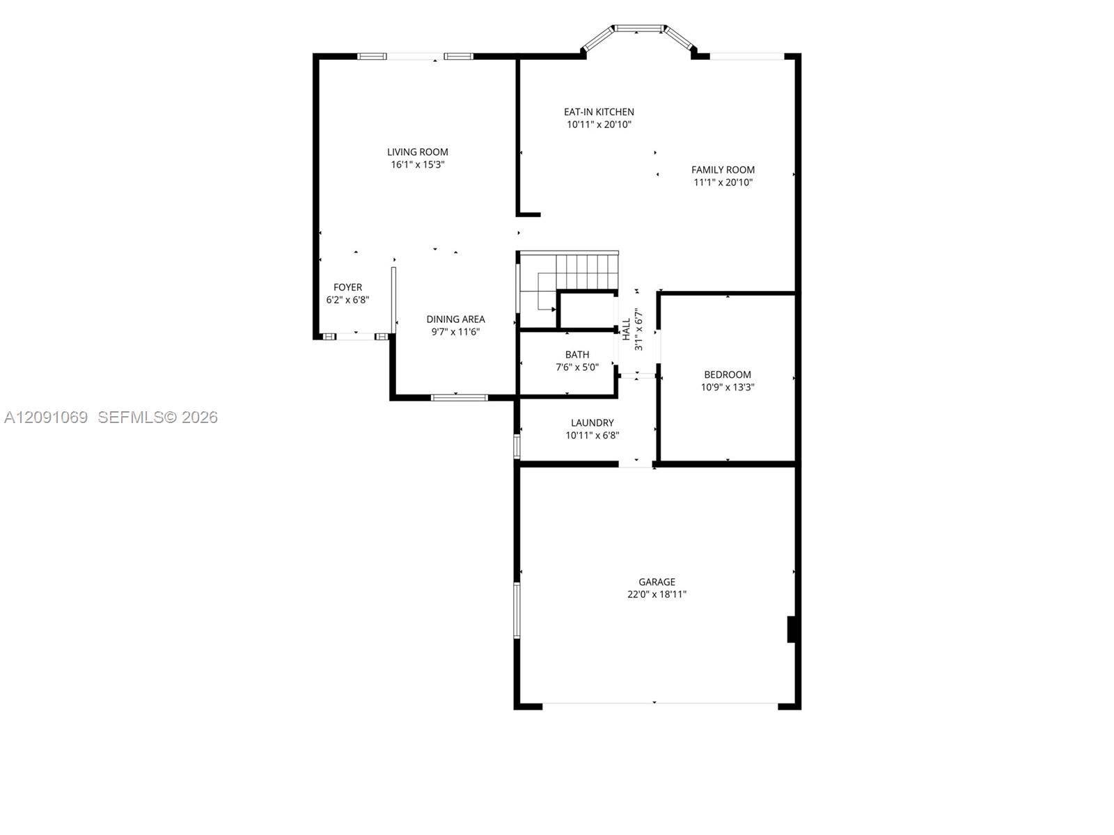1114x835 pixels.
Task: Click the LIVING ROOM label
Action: [x=417, y=152]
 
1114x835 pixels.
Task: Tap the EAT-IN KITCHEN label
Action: [x=599, y=111]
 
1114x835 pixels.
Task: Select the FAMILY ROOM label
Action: [x=723, y=170]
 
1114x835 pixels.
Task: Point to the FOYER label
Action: [x=347, y=287]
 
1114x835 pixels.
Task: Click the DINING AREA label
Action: [x=455, y=319]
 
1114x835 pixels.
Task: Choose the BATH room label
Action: [x=577, y=354]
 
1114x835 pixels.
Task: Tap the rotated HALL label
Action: [x=626, y=329]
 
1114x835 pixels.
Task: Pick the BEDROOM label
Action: [x=728, y=374]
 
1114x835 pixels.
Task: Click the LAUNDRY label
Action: [x=593, y=422]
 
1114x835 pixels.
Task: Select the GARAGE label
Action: [x=657, y=582]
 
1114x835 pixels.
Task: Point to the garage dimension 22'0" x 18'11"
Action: [x=657, y=594]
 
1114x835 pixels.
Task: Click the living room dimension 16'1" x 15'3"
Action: [x=417, y=164]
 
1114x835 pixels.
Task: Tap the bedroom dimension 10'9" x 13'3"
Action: [x=728, y=388]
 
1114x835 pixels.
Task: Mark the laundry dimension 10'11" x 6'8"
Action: [x=593, y=435]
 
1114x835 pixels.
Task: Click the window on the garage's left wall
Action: [x=517, y=610]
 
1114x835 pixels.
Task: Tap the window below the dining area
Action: [x=460, y=397]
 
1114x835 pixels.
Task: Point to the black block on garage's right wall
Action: [x=791, y=629]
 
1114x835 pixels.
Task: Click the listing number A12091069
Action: [x=46, y=417]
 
